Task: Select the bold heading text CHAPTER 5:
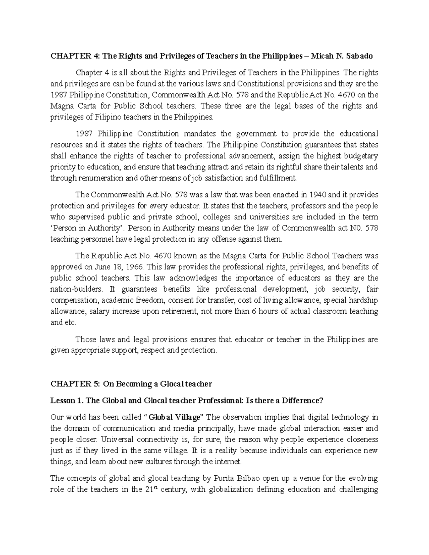coord(75,384)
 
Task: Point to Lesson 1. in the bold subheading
coord(67,401)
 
